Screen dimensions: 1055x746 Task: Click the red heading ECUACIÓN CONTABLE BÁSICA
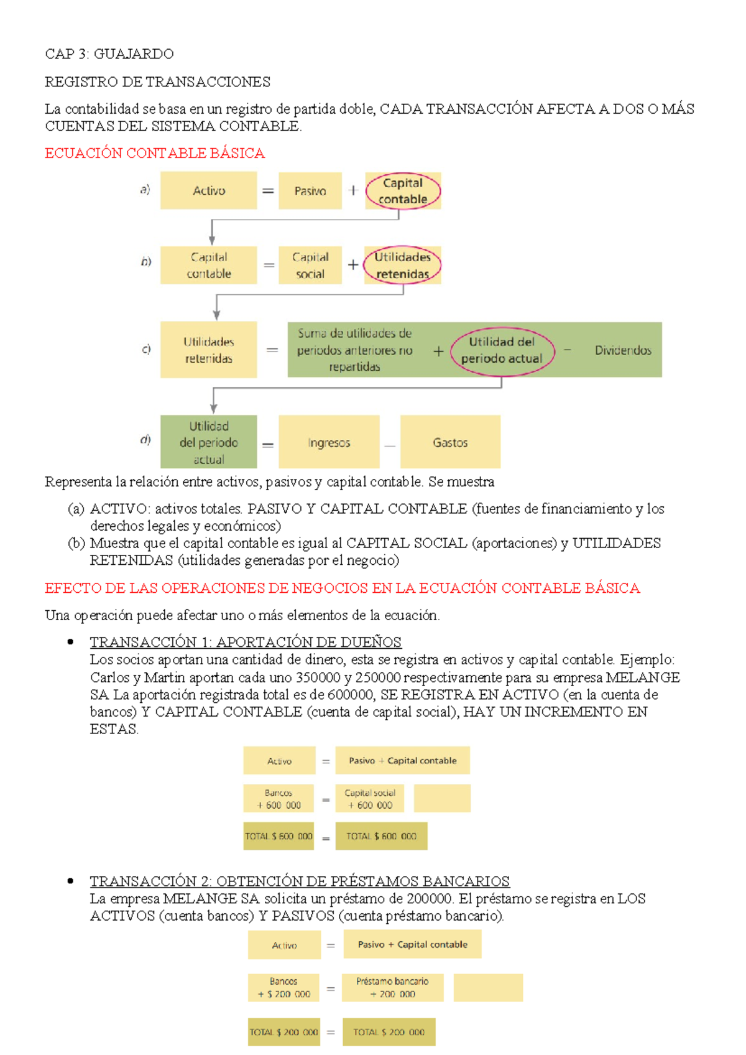pos(155,153)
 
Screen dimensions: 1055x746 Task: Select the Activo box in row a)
pos(209,191)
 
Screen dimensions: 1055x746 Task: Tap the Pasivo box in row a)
pos(310,191)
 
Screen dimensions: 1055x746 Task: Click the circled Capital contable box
pos(403,191)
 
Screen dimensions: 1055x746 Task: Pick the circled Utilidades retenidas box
pos(402,266)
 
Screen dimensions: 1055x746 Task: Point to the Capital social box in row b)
pos(310,266)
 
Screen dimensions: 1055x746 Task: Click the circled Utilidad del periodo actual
pos(502,350)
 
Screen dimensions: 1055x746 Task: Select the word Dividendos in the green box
pos(623,350)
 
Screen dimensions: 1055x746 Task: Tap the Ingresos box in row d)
pos(329,442)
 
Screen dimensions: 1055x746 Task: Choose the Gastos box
pos(450,442)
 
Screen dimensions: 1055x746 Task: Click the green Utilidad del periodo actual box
pos(209,442)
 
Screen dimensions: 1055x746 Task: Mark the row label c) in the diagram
pos(146,349)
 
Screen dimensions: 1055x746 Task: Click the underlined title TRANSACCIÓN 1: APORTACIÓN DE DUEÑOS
pos(246,642)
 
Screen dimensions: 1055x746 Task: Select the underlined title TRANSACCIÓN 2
pos(300,881)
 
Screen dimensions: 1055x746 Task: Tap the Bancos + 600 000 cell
pos(279,799)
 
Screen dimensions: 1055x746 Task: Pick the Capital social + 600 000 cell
pos(370,799)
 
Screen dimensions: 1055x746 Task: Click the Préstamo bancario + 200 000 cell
pos(392,988)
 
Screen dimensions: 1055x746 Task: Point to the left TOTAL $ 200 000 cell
pos(283,1032)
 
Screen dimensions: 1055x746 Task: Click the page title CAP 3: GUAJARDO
pos(109,54)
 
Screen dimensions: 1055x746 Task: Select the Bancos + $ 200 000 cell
pos(283,988)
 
